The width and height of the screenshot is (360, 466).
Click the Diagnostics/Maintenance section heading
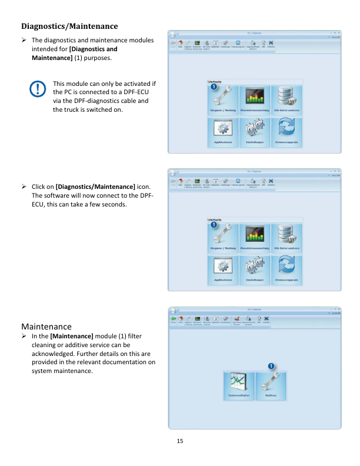click(69, 26)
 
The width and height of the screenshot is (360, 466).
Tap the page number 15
click(180, 441)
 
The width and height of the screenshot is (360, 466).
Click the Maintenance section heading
click(46, 326)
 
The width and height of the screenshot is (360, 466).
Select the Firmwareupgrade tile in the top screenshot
click(286, 132)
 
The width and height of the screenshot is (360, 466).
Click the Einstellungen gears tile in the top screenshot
click(255, 132)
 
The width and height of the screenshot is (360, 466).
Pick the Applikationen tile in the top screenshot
click(223, 132)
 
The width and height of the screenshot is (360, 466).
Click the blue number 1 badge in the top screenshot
click(214, 86)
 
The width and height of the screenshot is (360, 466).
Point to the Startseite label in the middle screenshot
click(215, 219)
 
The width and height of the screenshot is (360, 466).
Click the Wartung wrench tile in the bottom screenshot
click(271, 386)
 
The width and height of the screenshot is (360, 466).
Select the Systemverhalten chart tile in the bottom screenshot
click(239, 386)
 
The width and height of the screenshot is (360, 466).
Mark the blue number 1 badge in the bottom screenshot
click(271, 367)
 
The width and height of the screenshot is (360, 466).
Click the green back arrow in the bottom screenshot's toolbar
click(173, 318)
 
